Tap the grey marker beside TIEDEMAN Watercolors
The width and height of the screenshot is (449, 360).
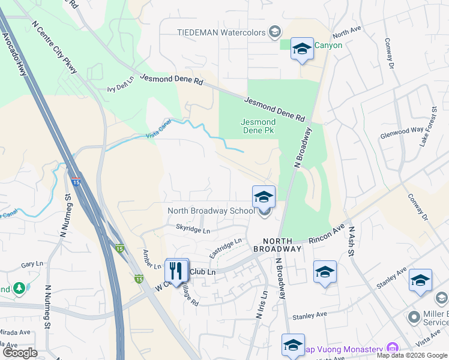275,31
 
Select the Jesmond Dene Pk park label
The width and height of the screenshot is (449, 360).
258,126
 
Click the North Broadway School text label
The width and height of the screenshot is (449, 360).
211,211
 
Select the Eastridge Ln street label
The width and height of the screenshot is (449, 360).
225,248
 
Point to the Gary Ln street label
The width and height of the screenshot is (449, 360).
29,264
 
